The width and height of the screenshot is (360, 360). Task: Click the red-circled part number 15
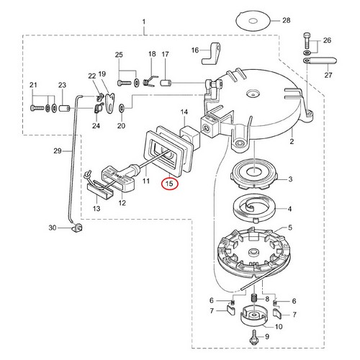170,184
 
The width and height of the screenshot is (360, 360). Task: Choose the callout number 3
290,180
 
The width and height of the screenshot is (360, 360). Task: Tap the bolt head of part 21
35,108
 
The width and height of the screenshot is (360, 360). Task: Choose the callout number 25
120,55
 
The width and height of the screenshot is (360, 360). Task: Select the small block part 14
189,133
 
